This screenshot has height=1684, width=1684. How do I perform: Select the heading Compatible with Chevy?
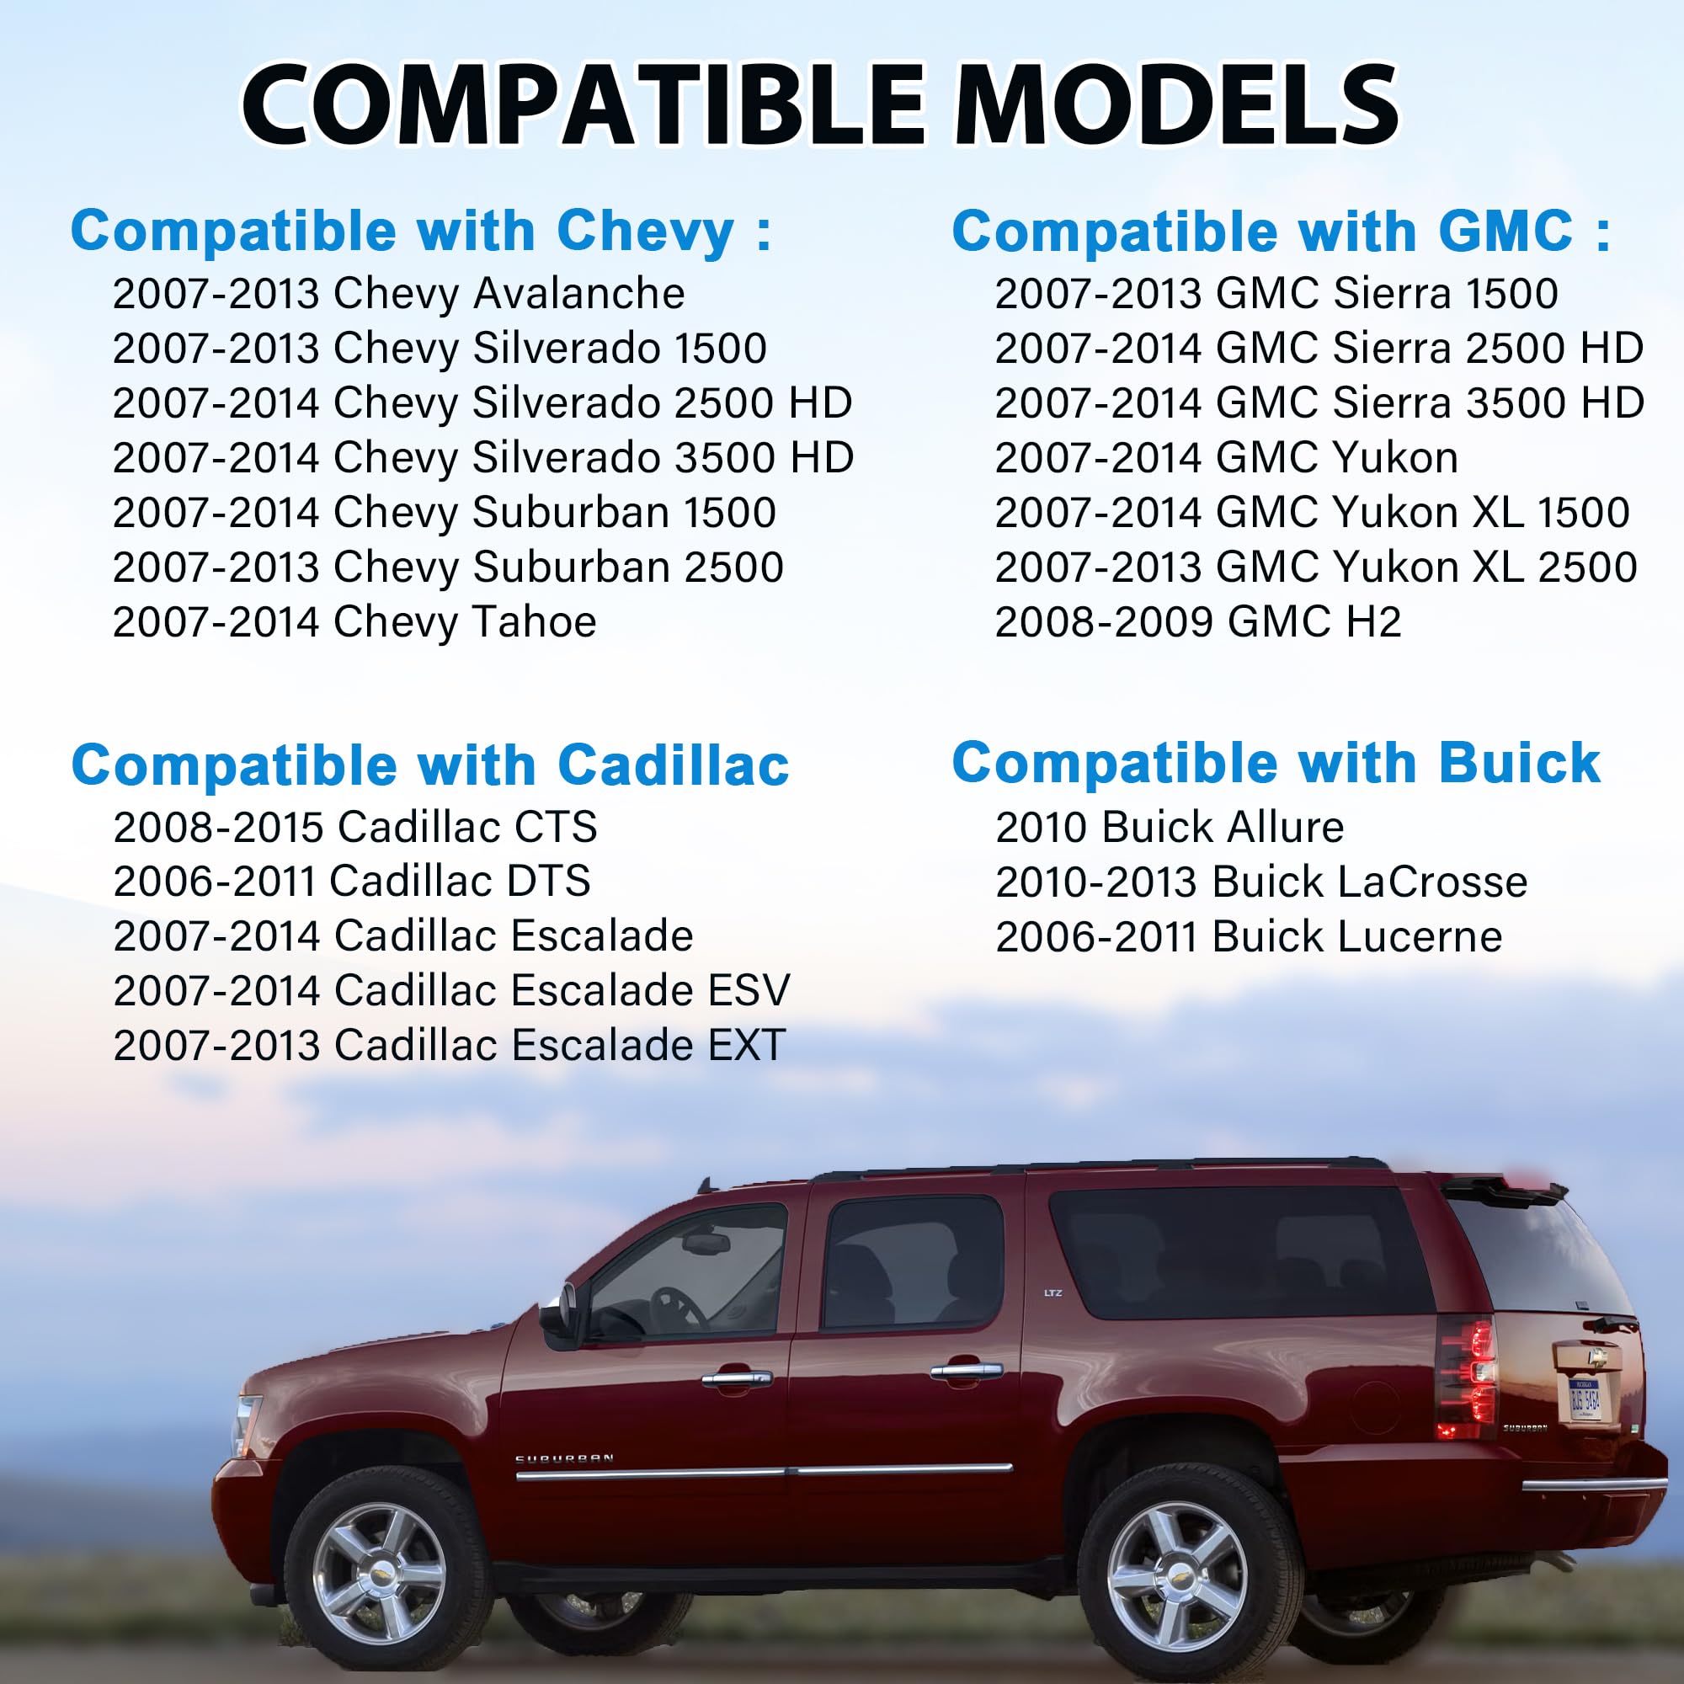point(421,232)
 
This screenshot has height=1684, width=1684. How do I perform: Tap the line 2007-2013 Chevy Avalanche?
point(398,294)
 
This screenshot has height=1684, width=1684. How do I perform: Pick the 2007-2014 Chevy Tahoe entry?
point(354,622)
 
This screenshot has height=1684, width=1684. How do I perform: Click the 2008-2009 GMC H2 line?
point(1197,622)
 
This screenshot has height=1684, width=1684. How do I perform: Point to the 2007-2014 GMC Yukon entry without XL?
point(1227,457)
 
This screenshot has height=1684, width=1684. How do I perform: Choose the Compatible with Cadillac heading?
point(430,765)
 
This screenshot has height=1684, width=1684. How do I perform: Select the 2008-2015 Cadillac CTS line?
point(355,826)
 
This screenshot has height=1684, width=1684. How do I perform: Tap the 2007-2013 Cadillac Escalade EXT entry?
point(450,1045)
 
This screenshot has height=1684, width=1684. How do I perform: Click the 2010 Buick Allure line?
point(1170,826)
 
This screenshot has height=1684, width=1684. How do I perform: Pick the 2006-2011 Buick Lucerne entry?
point(1249,937)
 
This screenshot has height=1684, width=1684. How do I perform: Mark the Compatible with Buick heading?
point(1276,764)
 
